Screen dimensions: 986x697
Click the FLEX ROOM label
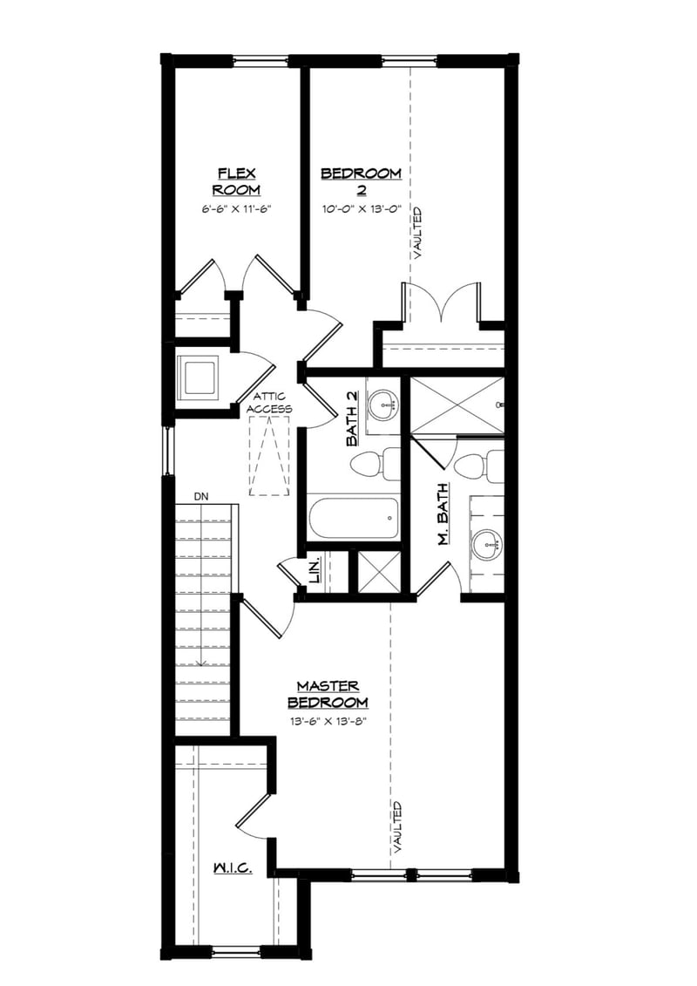[236, 181]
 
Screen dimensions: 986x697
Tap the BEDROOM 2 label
[361, 181]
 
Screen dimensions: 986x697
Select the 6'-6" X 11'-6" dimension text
[236, 209]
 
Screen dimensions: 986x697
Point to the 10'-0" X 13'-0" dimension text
[361, 209]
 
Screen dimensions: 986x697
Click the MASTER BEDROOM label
[328, 693]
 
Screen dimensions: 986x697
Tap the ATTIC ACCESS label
[269, 402]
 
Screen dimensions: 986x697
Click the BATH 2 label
[352, 418]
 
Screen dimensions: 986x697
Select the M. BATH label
[443, 514]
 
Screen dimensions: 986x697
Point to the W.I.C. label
[233, 868]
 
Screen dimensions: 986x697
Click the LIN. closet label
[315, 572]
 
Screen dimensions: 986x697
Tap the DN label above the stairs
[201, 496]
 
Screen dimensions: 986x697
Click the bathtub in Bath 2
[353, 518]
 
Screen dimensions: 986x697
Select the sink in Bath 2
[383, 404]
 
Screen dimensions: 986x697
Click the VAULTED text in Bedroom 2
[419, 233]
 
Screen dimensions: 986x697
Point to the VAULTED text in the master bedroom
[397, 826]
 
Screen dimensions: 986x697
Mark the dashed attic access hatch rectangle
[269, 455]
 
